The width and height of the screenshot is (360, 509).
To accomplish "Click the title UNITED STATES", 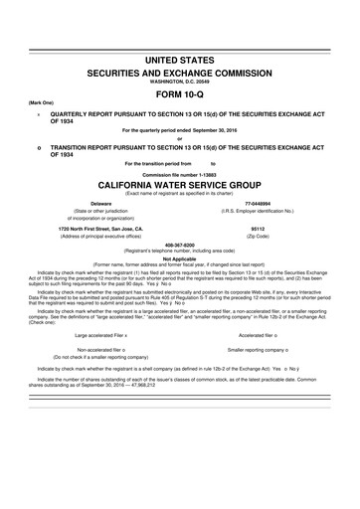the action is [180, 61].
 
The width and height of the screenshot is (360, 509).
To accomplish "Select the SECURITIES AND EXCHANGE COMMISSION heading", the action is [180, 75].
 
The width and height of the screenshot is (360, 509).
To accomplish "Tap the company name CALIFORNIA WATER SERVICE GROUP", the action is [180, 185].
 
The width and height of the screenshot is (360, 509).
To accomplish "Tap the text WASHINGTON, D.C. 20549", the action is [180, 84].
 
